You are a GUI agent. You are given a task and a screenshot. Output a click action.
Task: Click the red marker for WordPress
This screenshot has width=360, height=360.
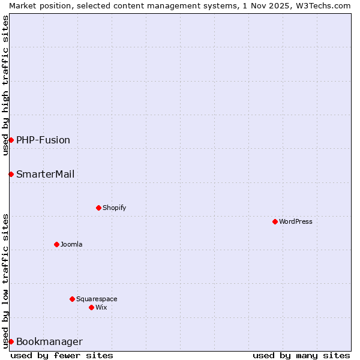tap(275, 221)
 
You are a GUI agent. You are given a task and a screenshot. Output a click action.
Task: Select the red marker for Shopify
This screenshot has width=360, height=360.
tap(98, 208)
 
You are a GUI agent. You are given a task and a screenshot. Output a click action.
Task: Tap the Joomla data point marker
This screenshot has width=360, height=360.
tap(56, 244)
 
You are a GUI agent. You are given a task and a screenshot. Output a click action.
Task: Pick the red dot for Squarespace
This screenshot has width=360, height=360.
tap(72, 299)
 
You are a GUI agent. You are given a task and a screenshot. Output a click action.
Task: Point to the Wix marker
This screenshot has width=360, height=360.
tap(91, 307)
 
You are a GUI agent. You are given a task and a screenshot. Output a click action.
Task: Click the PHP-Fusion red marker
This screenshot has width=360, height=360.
tap(11, 140)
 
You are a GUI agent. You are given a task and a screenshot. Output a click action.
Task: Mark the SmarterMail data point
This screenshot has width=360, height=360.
tap(11, 174)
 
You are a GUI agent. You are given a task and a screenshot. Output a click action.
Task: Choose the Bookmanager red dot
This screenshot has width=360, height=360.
tap(11, 341)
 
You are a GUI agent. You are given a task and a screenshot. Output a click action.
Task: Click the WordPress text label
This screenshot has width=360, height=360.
tap(296, 221)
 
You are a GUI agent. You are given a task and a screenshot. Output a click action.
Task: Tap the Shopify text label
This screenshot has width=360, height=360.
tap(114, 208)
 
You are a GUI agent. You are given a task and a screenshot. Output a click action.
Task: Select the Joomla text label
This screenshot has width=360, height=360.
tap(71, 244)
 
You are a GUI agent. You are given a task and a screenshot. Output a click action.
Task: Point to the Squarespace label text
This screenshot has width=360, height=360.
tap(97, 299)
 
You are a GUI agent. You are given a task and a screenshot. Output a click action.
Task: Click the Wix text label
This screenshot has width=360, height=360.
tap(101, 307)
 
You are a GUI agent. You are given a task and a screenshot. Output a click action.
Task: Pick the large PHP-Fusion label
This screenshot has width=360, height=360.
tap(43, 140)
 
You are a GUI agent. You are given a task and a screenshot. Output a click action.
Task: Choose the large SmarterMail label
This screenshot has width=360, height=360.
tap(46, 174)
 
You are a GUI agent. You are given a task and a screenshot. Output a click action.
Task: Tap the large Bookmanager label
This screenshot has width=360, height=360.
tap(49, 341)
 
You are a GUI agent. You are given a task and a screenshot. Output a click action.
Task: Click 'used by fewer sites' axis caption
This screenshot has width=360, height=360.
tap(62, 355)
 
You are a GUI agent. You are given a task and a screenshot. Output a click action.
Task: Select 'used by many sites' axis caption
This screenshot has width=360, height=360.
tap(301, 355)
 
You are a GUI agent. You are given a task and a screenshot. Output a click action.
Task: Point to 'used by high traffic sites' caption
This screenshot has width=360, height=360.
tap(5, 85)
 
